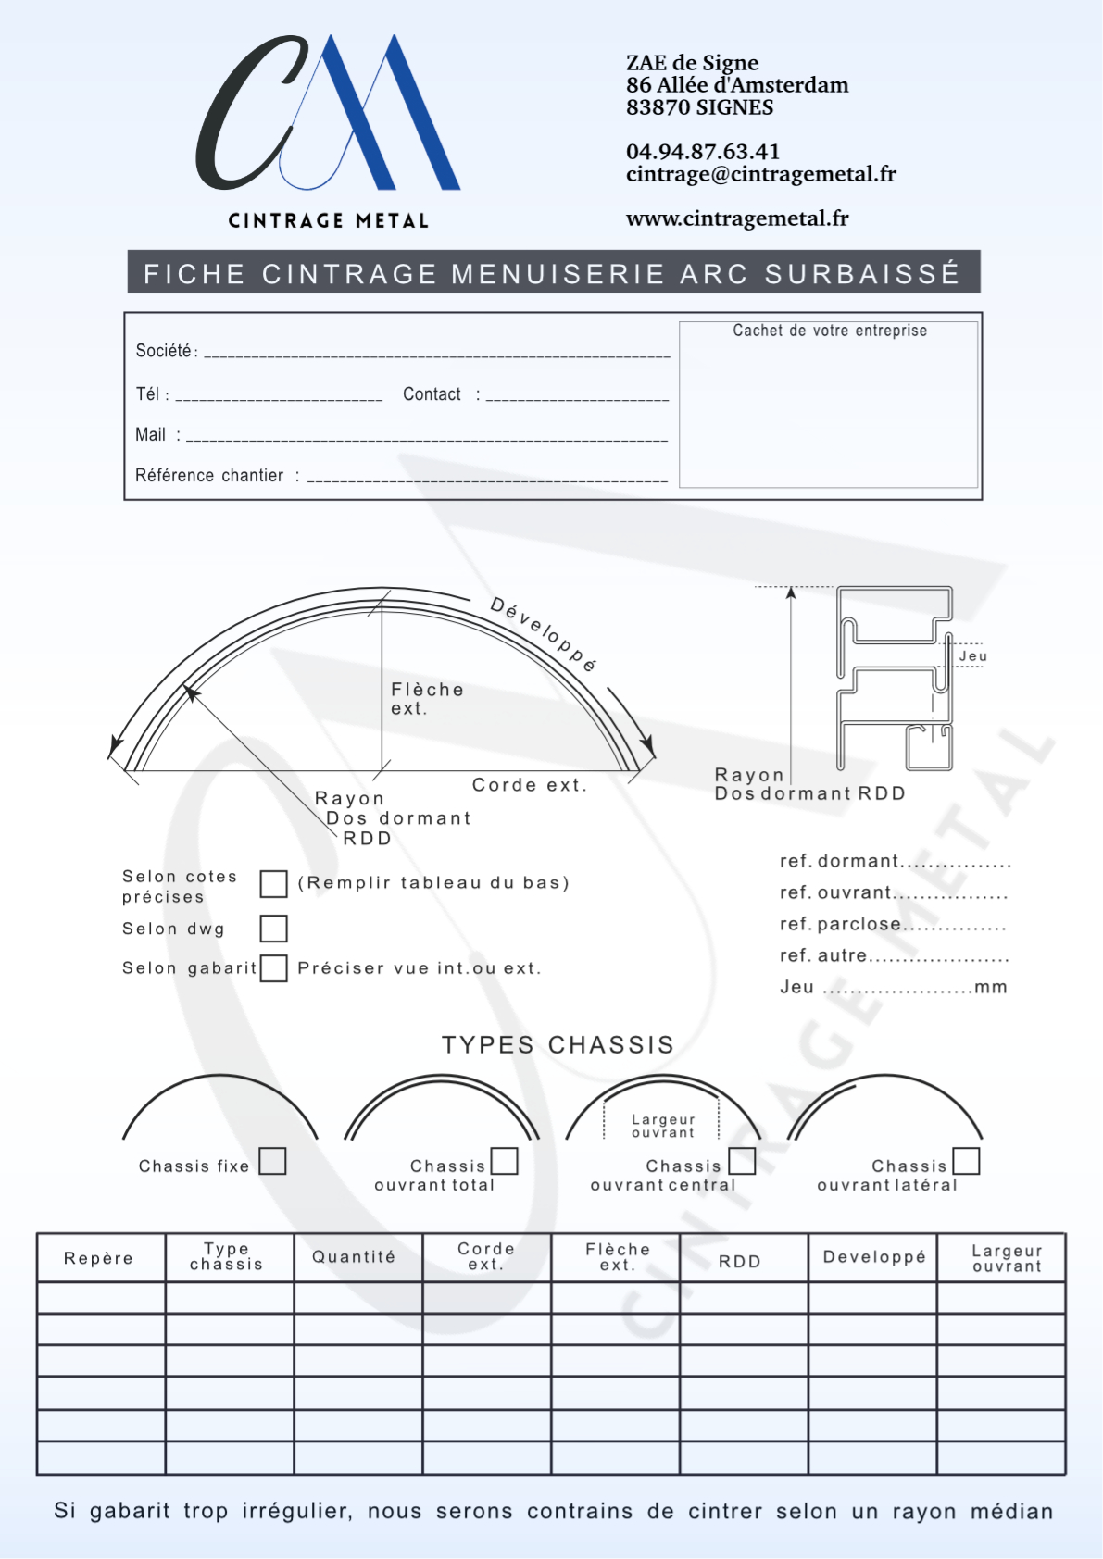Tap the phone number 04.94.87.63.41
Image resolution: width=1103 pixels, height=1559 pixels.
pos(703,152)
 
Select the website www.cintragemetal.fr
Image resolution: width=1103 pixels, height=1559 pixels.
pos(737,218)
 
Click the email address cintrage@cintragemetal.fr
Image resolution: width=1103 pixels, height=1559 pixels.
pos(760,174)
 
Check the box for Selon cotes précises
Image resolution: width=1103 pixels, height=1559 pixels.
pos(273,884)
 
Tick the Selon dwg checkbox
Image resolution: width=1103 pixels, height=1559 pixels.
pos(273,928)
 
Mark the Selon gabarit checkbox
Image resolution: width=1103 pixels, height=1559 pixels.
pos(273,968)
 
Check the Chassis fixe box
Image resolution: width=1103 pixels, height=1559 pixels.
pos(272,1161)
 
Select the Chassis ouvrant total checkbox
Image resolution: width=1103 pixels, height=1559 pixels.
pos(504,1161)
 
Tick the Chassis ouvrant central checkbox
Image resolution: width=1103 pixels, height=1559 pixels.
pos(742,1161)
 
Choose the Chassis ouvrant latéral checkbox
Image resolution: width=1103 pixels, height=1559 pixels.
pos(966,1161)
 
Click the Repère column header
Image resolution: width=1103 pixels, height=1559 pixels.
pos(99,1258)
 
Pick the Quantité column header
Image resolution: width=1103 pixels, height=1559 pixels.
pos(354,1257)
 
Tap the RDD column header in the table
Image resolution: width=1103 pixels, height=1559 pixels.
pos(740,1262)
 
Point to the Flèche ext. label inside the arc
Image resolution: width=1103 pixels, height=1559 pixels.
pos(427,699)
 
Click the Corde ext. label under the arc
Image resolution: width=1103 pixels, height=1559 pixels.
pos(529,785)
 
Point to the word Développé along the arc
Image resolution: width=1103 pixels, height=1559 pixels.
pos(544,634)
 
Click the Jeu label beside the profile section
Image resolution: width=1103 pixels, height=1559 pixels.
pos(973,656)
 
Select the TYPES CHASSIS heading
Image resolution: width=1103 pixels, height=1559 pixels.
pos(558,1045)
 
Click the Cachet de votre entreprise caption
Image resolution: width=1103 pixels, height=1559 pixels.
pos(830,331)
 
